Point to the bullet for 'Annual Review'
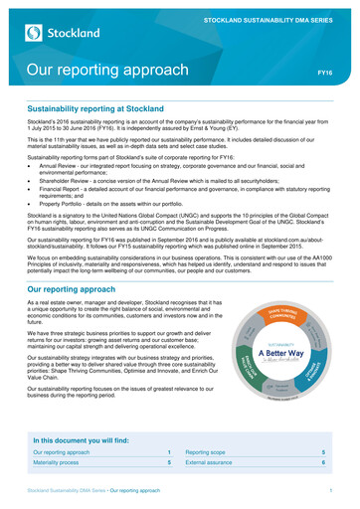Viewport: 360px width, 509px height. (30, 196)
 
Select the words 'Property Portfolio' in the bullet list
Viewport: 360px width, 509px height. (65, 235)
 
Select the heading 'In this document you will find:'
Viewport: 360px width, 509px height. (92, 438)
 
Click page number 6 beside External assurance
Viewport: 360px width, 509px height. (323, 462)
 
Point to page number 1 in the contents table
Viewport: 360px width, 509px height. (169, 451)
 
